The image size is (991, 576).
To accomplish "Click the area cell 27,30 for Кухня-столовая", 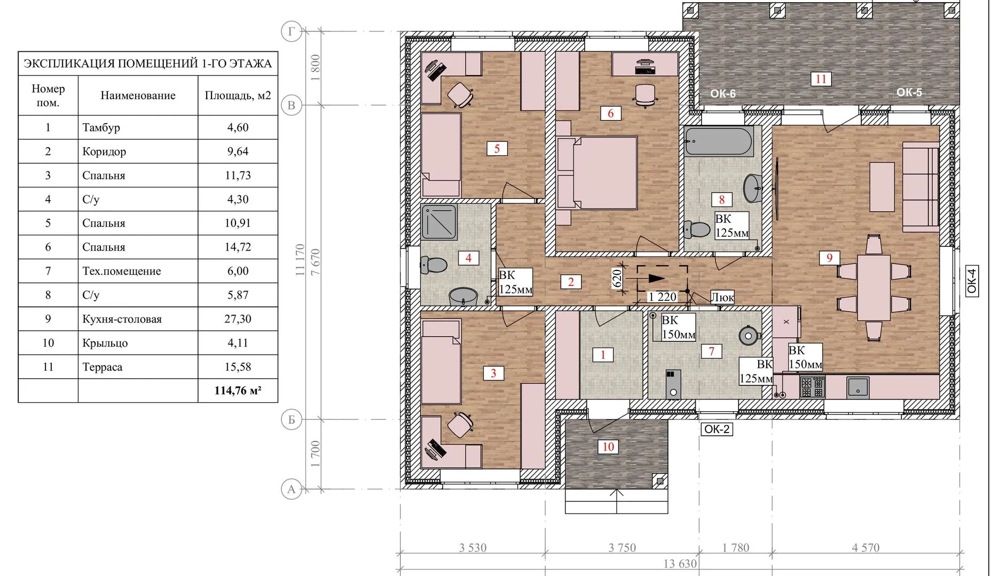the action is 238,319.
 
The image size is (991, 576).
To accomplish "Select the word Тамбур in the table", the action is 101,127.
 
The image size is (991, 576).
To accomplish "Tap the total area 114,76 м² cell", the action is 238,390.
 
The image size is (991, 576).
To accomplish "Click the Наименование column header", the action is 138,95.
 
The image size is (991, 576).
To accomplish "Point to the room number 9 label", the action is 829,258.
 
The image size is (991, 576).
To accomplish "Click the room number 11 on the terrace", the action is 821,79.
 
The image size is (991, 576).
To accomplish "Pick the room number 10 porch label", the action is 608,446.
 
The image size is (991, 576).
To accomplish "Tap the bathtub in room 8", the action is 719,142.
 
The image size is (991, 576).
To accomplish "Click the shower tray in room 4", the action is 439,222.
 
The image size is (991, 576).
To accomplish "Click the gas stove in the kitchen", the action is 812,387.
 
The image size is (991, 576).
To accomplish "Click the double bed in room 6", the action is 597,173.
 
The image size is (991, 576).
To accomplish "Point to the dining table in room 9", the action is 874,287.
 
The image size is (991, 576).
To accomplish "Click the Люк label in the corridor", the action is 722,297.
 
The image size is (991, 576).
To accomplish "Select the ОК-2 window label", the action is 717,429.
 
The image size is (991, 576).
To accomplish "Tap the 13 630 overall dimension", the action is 680,564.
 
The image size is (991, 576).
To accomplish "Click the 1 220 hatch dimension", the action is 663,297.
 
